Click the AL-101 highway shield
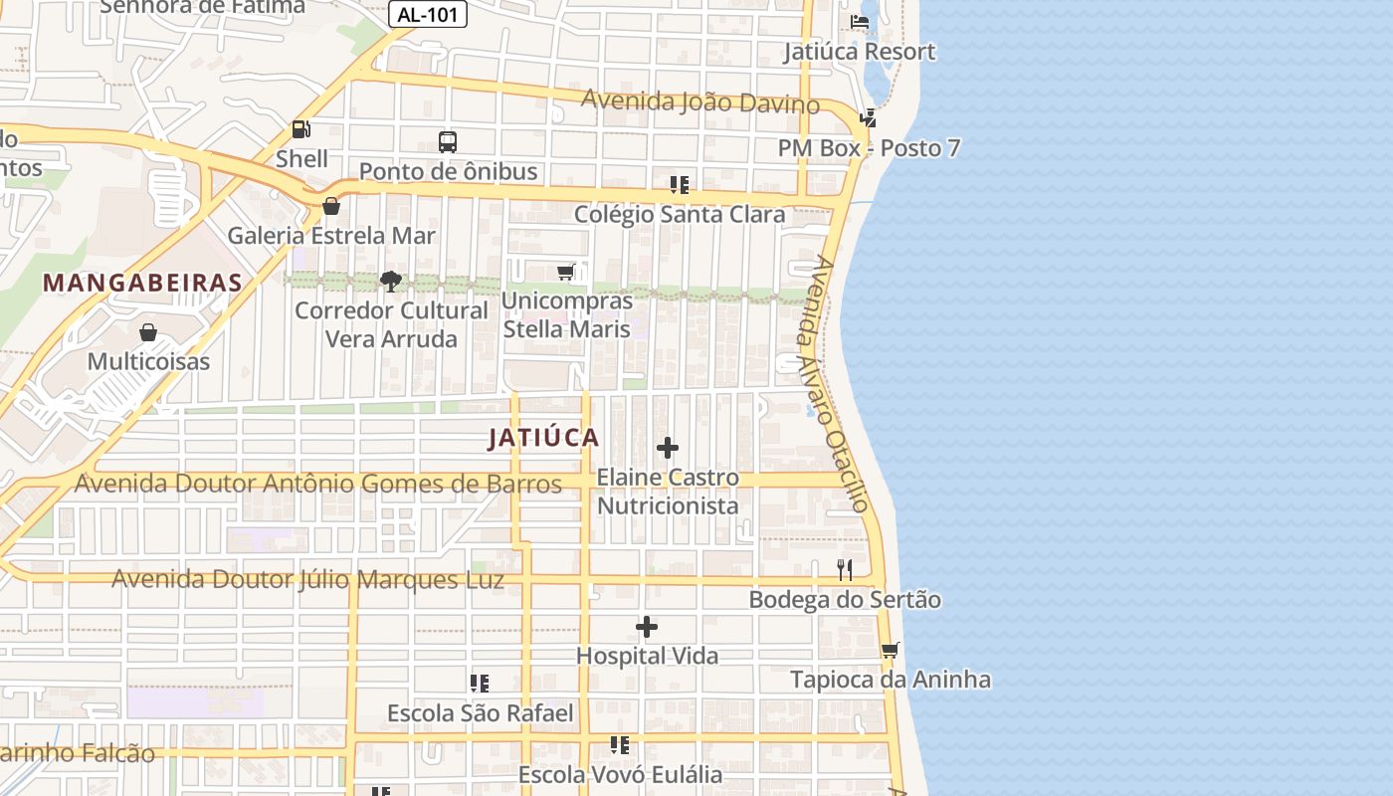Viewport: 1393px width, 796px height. coord(427,15)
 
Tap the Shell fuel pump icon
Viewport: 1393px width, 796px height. coord(300,129)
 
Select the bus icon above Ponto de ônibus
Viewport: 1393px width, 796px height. coord(448,142)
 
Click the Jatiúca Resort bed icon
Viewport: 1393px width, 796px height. coord(860,21)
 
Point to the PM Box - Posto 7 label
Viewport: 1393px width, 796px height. coord(870,148)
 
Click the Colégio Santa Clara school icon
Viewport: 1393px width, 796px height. coord(680,185)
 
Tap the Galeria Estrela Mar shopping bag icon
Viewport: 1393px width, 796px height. coord(331,207)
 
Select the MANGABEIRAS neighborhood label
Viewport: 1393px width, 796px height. coord(143,283)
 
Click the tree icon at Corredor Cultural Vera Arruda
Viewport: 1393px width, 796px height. coord(391,282)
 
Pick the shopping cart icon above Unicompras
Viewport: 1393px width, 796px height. coord(566,272)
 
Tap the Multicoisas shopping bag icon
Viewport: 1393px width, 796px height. coord(148,332)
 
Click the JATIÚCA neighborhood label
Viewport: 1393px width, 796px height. coord(544,438)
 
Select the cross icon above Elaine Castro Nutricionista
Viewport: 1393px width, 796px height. coord(668,449)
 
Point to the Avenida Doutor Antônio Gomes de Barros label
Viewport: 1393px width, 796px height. coord(318,485)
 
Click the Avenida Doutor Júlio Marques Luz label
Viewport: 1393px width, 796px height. coord(307,579)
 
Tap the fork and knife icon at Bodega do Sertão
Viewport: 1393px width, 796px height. coord(845,570)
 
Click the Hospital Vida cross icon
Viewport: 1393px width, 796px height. coord(647,628)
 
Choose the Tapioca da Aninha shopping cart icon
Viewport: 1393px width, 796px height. coord(890,651)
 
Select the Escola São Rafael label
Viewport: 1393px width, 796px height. coord(480,713)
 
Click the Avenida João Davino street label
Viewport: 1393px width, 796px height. coord(700,101)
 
